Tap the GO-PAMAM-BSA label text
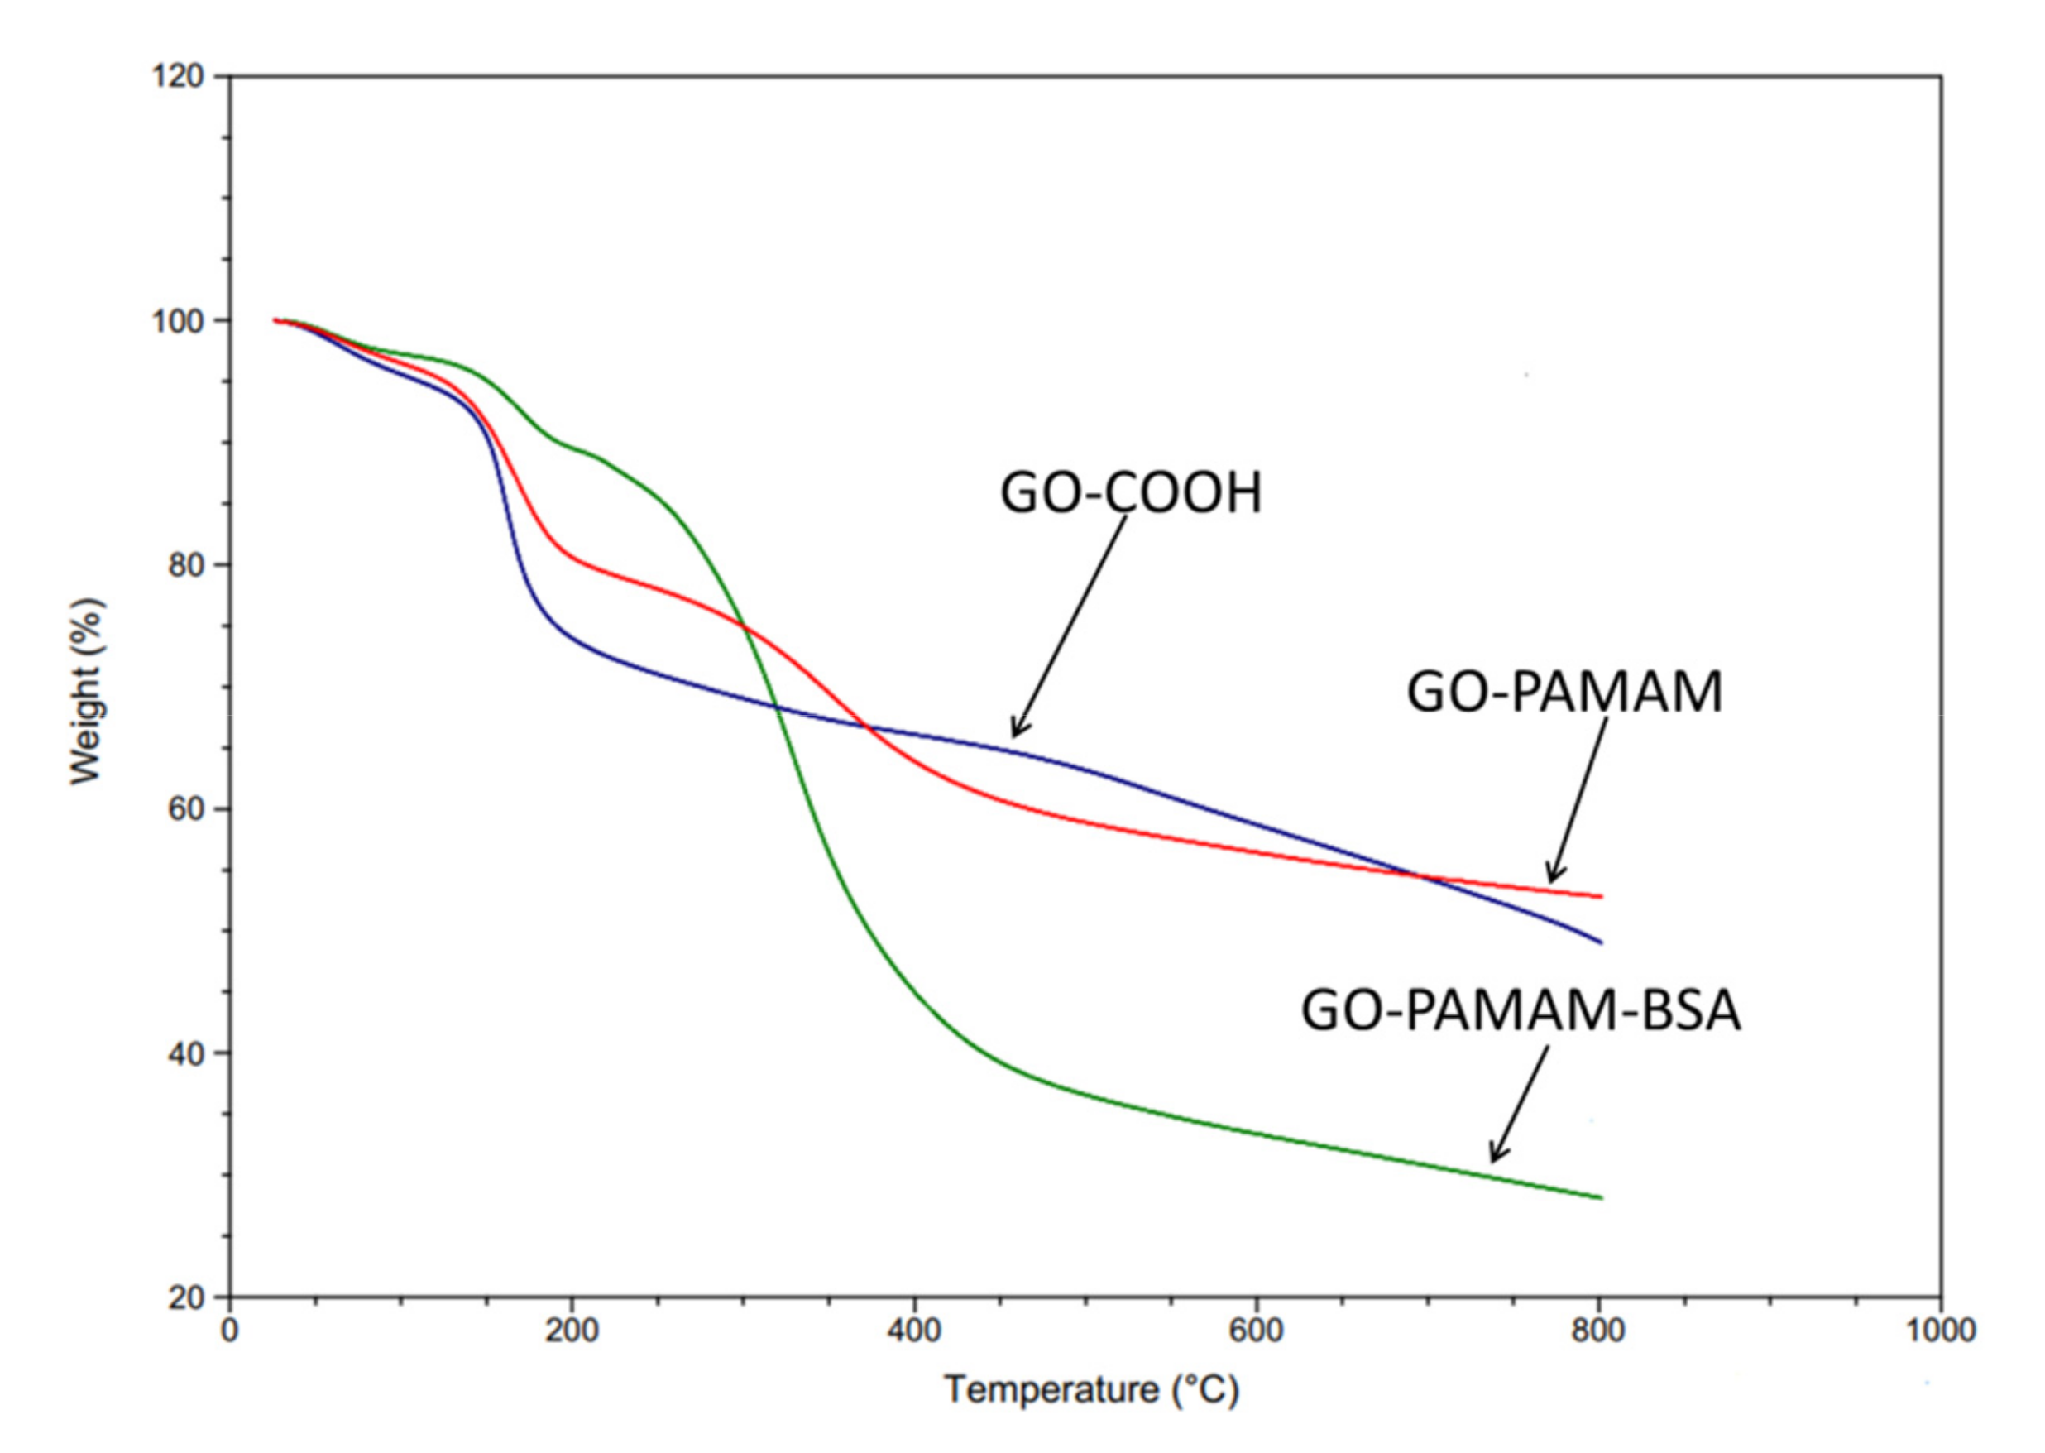coord(1520,1011)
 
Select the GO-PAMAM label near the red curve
coord(1564,692)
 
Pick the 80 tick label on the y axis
coord(186,564)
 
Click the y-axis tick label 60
coord(186,808)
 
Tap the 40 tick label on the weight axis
coord(186,1053)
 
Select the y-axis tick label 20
coord(186,1297)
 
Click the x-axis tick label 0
coord(230,1331)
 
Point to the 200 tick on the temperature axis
coord(572,1331)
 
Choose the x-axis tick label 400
coord(913,1331)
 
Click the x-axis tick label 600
coord(1255,1331)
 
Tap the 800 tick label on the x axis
coord(1597,1331)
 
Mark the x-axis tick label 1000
coord(1939,1331)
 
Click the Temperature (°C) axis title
coord(1091,1389)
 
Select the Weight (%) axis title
coord(87,691)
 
